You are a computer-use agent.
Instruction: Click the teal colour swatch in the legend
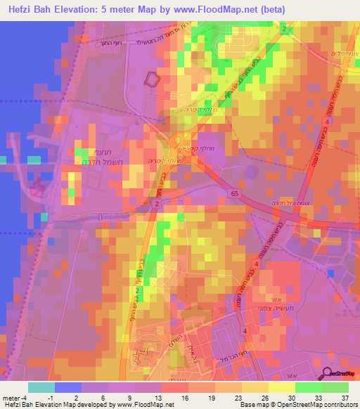(41, 387)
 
